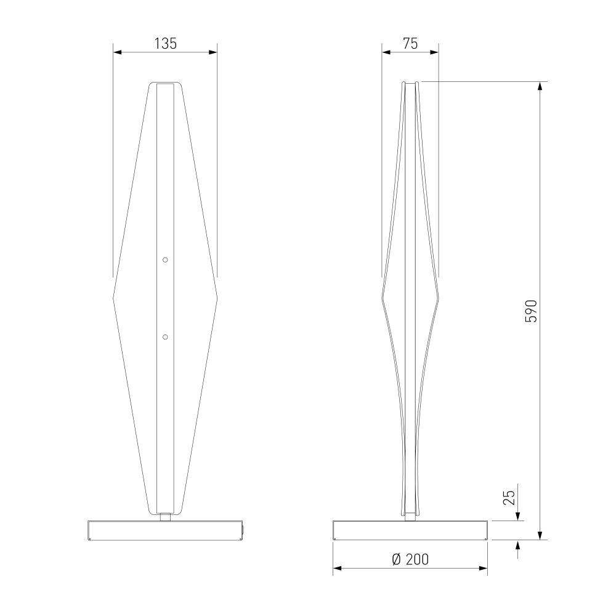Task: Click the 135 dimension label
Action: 165,44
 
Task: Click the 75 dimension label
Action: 410,44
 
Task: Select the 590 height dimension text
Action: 531,311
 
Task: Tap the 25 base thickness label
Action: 509,498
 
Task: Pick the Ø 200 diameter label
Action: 410,559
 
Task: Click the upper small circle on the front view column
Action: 165,260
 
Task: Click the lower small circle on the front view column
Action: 165,337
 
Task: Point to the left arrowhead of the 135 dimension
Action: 118,52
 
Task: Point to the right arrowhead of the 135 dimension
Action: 213,52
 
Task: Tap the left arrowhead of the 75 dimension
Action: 386,52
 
